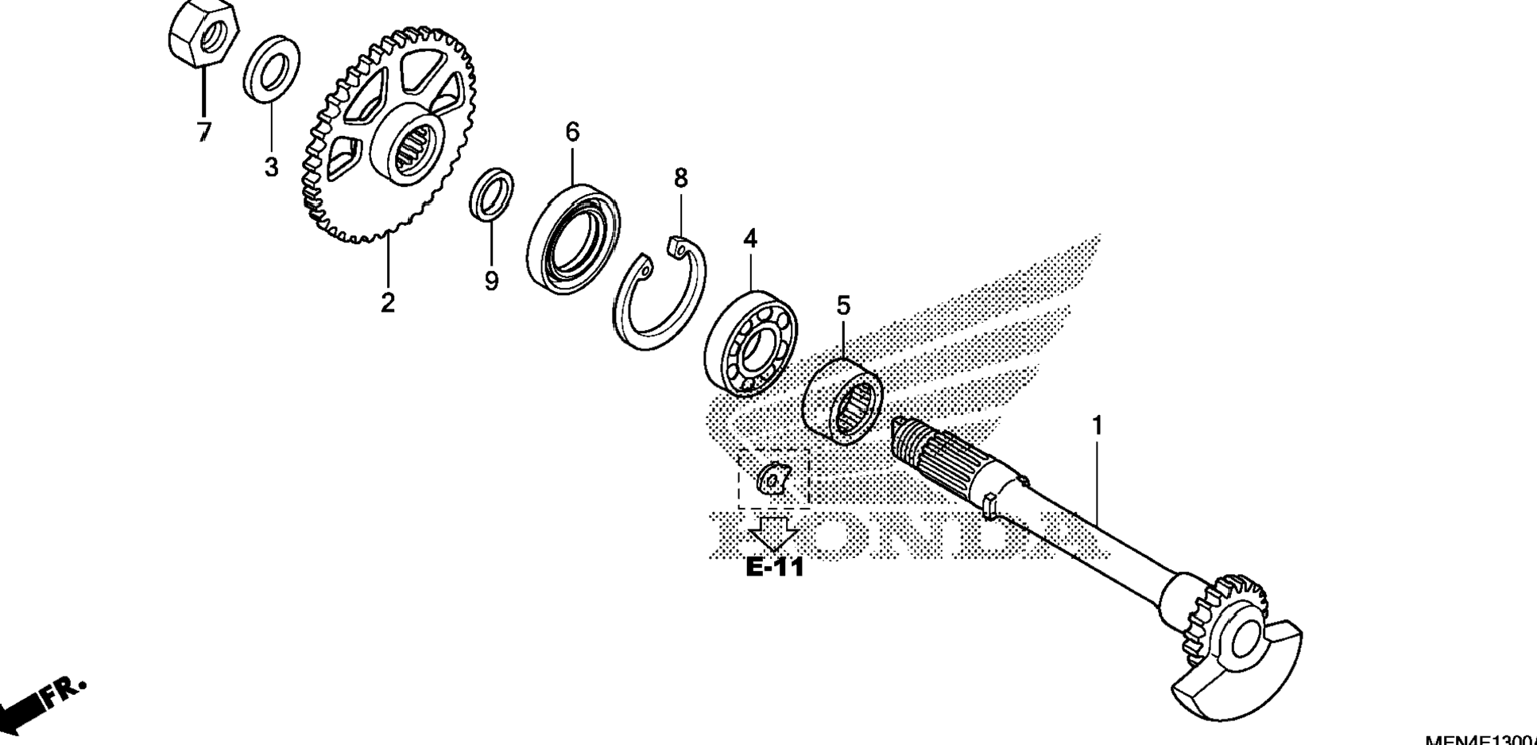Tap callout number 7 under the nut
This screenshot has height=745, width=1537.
(203, 132)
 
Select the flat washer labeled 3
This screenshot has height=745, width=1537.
(271, 68)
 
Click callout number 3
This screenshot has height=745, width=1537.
(271, 168)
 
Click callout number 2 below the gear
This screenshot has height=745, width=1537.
(387, 303)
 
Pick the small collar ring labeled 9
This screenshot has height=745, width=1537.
(492, 193)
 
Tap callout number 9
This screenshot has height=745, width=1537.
(491, 281)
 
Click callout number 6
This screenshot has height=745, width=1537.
(572, 131)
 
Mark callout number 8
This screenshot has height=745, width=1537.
(680, 179)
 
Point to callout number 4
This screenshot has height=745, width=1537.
(749, 239)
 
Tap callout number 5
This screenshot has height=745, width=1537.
(843, 305)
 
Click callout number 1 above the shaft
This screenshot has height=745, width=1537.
(1097, 426)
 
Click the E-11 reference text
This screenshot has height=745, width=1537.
(775, 568)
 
